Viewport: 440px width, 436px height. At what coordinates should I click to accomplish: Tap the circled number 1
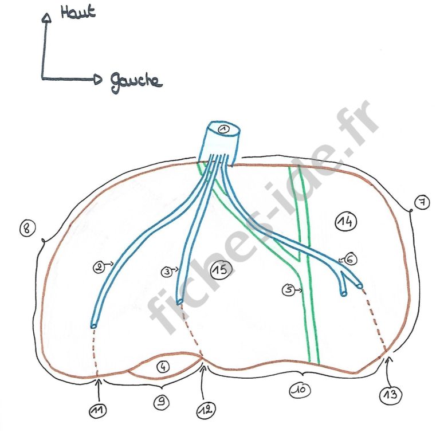(x=223, y=129)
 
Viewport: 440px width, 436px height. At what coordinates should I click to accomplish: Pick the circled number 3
(x=167, y=273)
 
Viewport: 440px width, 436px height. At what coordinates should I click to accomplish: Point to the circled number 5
(x=288, y=290)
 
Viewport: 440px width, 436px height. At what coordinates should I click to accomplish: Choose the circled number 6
(x=351, y=259)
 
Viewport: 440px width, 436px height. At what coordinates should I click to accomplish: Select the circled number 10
(x=300, y=390)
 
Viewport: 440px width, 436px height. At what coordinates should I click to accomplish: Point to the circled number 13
(x=390, y=394)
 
